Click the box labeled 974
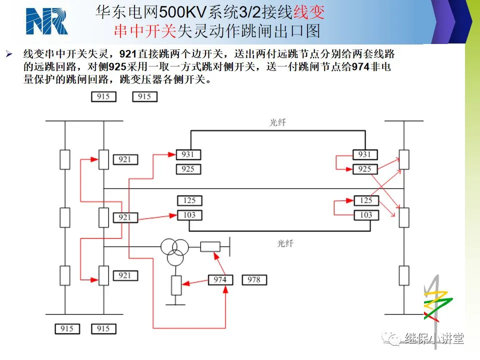[x=220, y=280]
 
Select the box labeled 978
[x=254, y=280]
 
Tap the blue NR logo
[x=46, y=21]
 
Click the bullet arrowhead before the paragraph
[x=9, y=54]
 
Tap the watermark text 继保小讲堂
[x=434, y=338]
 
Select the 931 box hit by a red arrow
[x=188, y=154]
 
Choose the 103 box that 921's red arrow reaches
[x=189, y=215]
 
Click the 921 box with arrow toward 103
[x=125, y=217]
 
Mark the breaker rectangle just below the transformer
[x=176, y=285]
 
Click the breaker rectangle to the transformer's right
[x=210, y=246]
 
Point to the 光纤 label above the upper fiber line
[x=277, y=123]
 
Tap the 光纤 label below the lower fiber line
[x=285, y=243]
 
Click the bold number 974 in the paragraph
[x=360, y=66]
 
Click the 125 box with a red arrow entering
[x=366, y=200]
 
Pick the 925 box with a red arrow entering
[x=365, y=169]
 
